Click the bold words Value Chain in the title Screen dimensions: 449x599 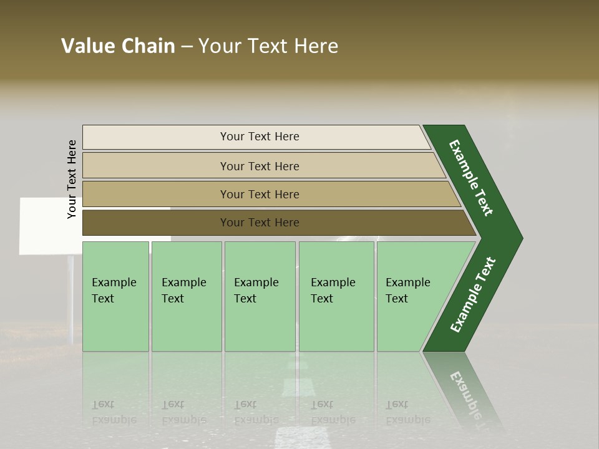click(118, 46)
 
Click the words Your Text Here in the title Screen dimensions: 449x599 click(268, 46)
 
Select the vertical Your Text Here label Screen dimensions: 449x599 click(72, 179)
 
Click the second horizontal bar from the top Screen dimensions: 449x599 click(260, 166)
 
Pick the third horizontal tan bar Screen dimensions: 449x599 click(260, 194)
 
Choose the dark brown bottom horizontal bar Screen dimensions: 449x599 click(260, 223)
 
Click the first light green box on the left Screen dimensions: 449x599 click(115, 296)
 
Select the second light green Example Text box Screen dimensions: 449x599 click(186, 296)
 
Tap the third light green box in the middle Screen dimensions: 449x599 click(260, 296)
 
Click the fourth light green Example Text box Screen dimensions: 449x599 click(336, 296)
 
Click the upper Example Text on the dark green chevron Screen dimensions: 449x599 click(471, 178)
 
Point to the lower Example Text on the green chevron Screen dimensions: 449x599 click(473, 294)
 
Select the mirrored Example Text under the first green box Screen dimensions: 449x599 click(114, 412)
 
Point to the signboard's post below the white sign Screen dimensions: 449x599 click(71, 293)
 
